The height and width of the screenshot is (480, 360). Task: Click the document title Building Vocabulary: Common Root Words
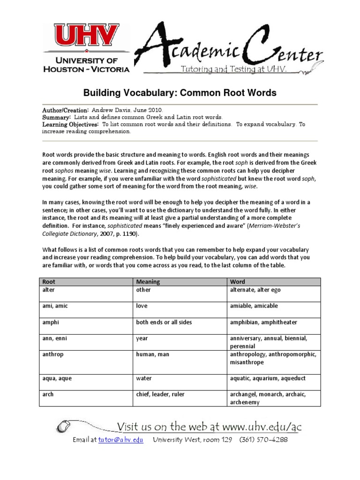(180, 93)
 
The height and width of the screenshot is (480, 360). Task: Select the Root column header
(49, 282)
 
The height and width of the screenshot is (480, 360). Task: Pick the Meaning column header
(148, 282)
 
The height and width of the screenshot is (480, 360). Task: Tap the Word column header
(237, 282)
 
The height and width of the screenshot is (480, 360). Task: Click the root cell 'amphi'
(50, 322)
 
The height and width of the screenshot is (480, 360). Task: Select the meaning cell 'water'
(144, 378)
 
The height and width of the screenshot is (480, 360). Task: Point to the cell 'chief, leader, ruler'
(160, 395)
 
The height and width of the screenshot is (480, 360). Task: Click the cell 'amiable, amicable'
(254, 306)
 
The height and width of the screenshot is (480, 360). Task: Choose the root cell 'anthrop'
(53, 355)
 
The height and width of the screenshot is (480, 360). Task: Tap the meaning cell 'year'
(142, 338)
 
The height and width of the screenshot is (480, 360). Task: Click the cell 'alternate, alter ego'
(255, 290)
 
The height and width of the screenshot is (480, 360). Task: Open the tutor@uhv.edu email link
(120, 440)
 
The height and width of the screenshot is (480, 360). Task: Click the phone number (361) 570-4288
(263, 440)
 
